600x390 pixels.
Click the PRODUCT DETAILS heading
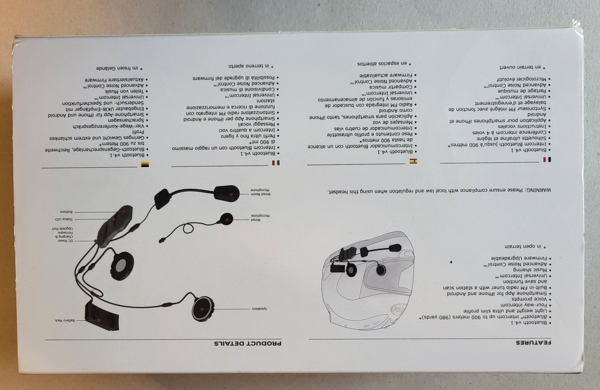coord(248,343)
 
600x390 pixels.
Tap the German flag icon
coord(145,164)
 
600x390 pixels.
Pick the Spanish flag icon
coord(413,161)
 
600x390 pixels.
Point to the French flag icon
coord(547,159)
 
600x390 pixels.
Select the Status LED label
coord(64,219)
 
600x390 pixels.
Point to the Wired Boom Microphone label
coord(261,192)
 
